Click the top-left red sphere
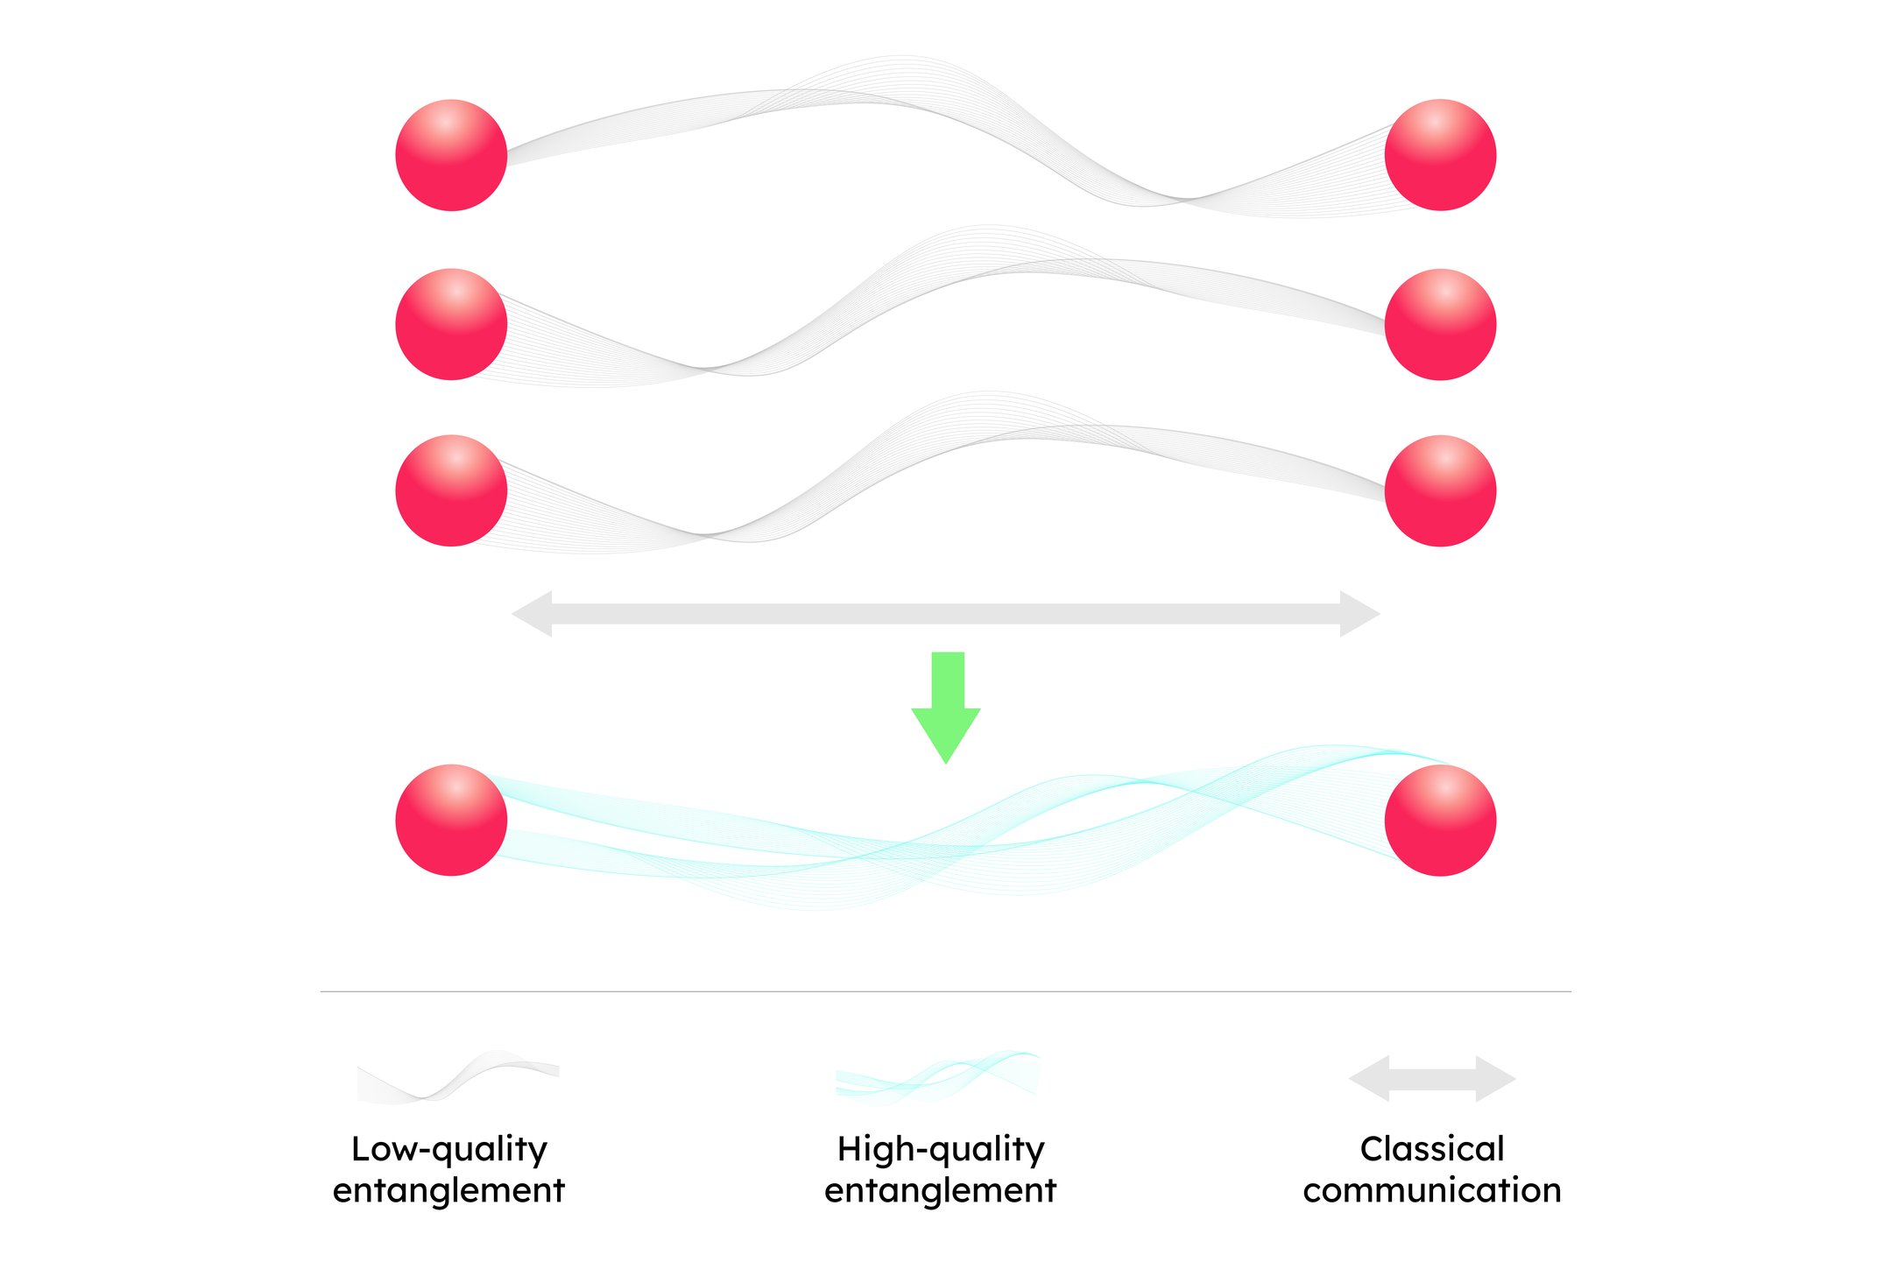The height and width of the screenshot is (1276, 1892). (x=451, y=155)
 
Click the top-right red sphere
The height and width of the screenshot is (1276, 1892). (x=1440, y=155)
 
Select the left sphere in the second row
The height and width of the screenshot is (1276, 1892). (x=451, y=324)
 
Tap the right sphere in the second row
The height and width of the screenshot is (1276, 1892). (x=1440, y=324)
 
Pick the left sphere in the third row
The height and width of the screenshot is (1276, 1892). (x=451, y=490)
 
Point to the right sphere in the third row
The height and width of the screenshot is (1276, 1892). (x=1440, y=490)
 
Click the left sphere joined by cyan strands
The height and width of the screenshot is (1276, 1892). (x=451, y=820)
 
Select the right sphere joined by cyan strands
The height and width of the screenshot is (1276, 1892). (x=1440, y=820)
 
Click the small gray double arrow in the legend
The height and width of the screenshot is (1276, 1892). (x=1432, y=1079)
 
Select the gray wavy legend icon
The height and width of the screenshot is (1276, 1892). (x=457, y=1078)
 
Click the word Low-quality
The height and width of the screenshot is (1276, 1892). (x=448, y=1149)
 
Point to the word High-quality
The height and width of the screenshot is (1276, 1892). (x=941, y=1149)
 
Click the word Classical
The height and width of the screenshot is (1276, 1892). (x=1432, y=1149)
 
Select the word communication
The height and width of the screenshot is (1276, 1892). (x=1432, y=1190)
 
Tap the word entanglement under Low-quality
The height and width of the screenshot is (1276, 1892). (x=448, y=1190)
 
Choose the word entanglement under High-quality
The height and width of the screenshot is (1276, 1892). (x=941, y=1190)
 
